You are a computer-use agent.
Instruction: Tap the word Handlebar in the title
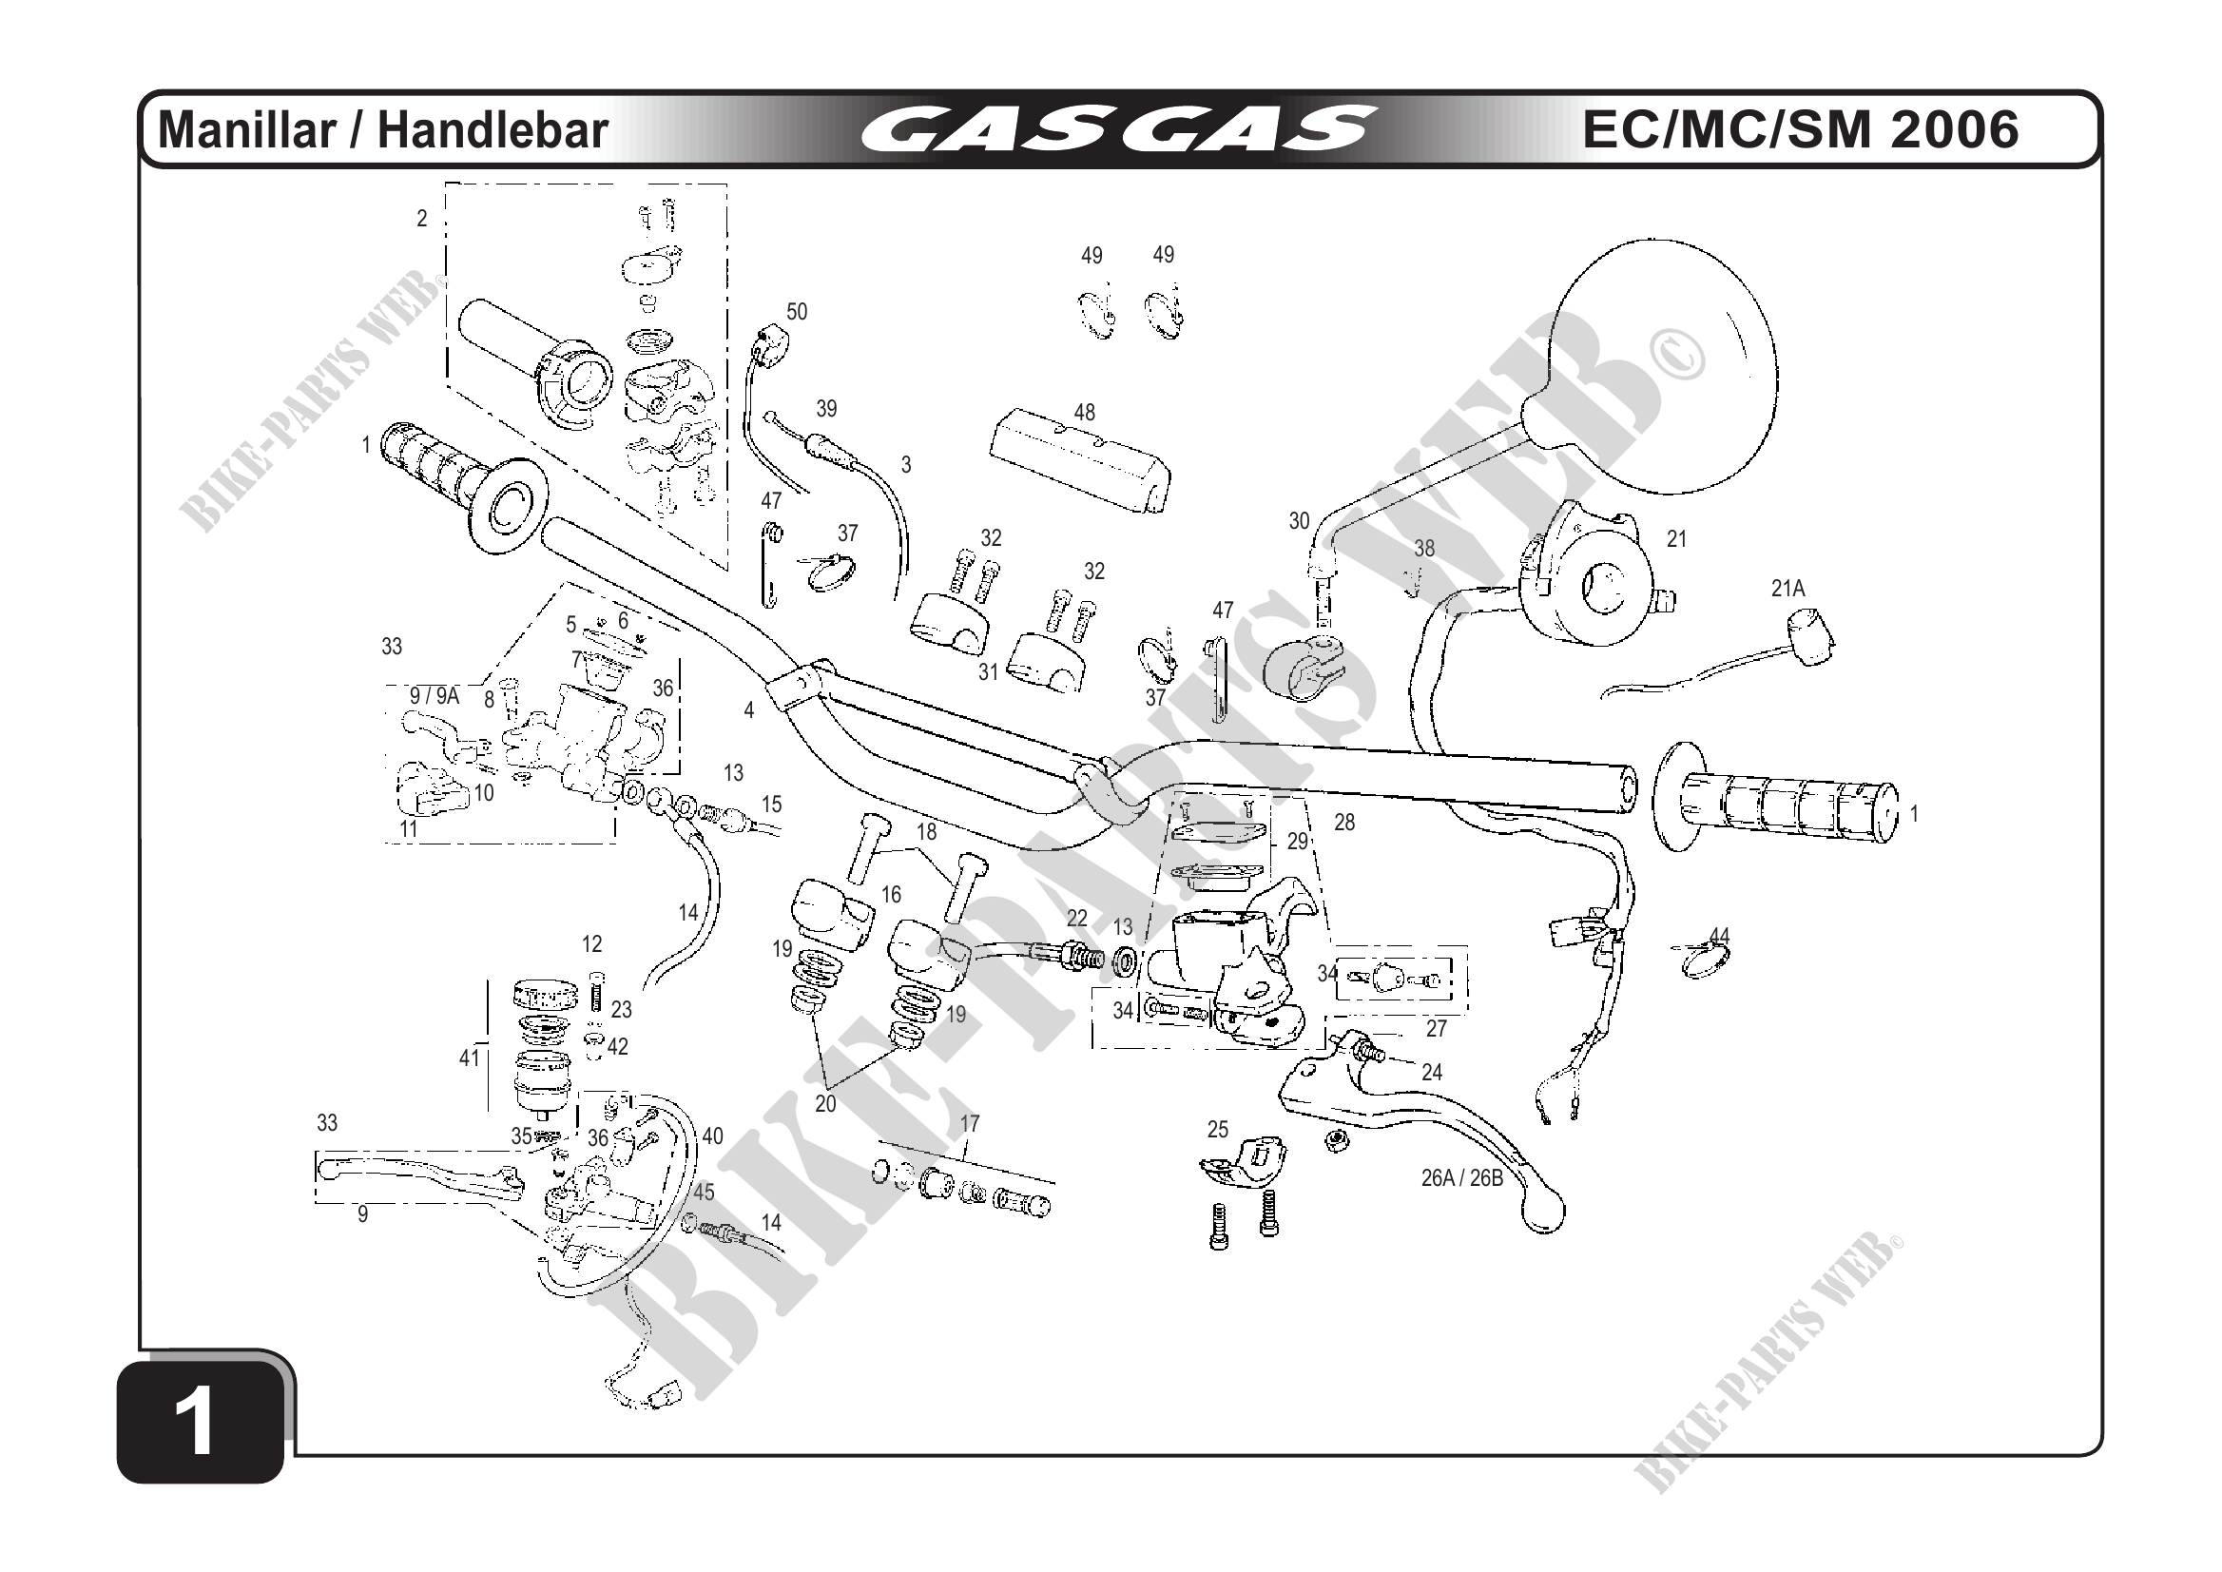click(493, 130)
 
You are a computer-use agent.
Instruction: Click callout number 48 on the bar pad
click(1084, 413)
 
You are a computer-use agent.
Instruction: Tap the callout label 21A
click(1787, 589)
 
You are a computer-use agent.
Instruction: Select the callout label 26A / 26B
click(1461, 1178)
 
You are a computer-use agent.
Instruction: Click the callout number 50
click(797, 312)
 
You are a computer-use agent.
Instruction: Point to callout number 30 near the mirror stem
click(1299, 521)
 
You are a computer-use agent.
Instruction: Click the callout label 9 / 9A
click(434, 695)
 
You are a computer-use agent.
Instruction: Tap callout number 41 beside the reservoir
click(470, 1059)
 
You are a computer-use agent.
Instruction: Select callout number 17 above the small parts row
click(970, 1124)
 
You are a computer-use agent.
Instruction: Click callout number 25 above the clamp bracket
click(1217, 1130)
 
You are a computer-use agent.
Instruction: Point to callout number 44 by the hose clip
click(1719, 936)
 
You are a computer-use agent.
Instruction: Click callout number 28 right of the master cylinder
click(1344, 823)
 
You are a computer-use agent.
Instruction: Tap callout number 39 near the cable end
click(826, 409)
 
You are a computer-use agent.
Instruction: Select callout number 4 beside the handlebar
click(749, 710)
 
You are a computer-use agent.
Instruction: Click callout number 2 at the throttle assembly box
click(422, 219)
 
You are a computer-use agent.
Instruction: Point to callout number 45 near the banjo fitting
click(704, 1193)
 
